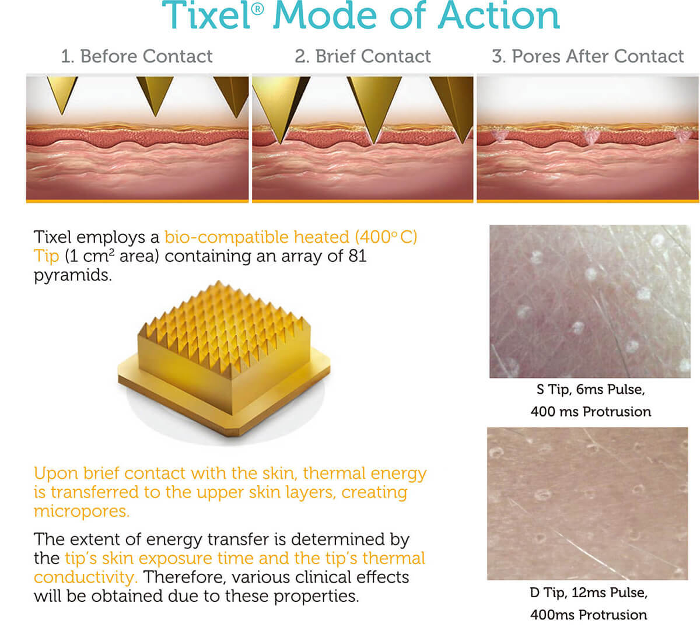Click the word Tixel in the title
click(206, 16)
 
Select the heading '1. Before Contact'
click(136, 56)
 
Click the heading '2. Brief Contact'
click(363, 56)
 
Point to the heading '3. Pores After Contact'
click(587, 56)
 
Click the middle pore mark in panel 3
click(590, 137)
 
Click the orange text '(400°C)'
click(386, 237)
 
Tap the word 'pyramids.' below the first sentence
click(73, 276)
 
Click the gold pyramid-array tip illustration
click(224, 359)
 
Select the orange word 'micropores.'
click(82, 511)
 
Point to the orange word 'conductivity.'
click(86, 577)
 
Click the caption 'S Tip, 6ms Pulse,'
click(590, 390)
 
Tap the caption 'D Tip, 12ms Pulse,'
click(589, 593)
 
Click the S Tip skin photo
click(590, 302)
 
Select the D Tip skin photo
click(587, 504)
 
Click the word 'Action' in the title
click(499, 16)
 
